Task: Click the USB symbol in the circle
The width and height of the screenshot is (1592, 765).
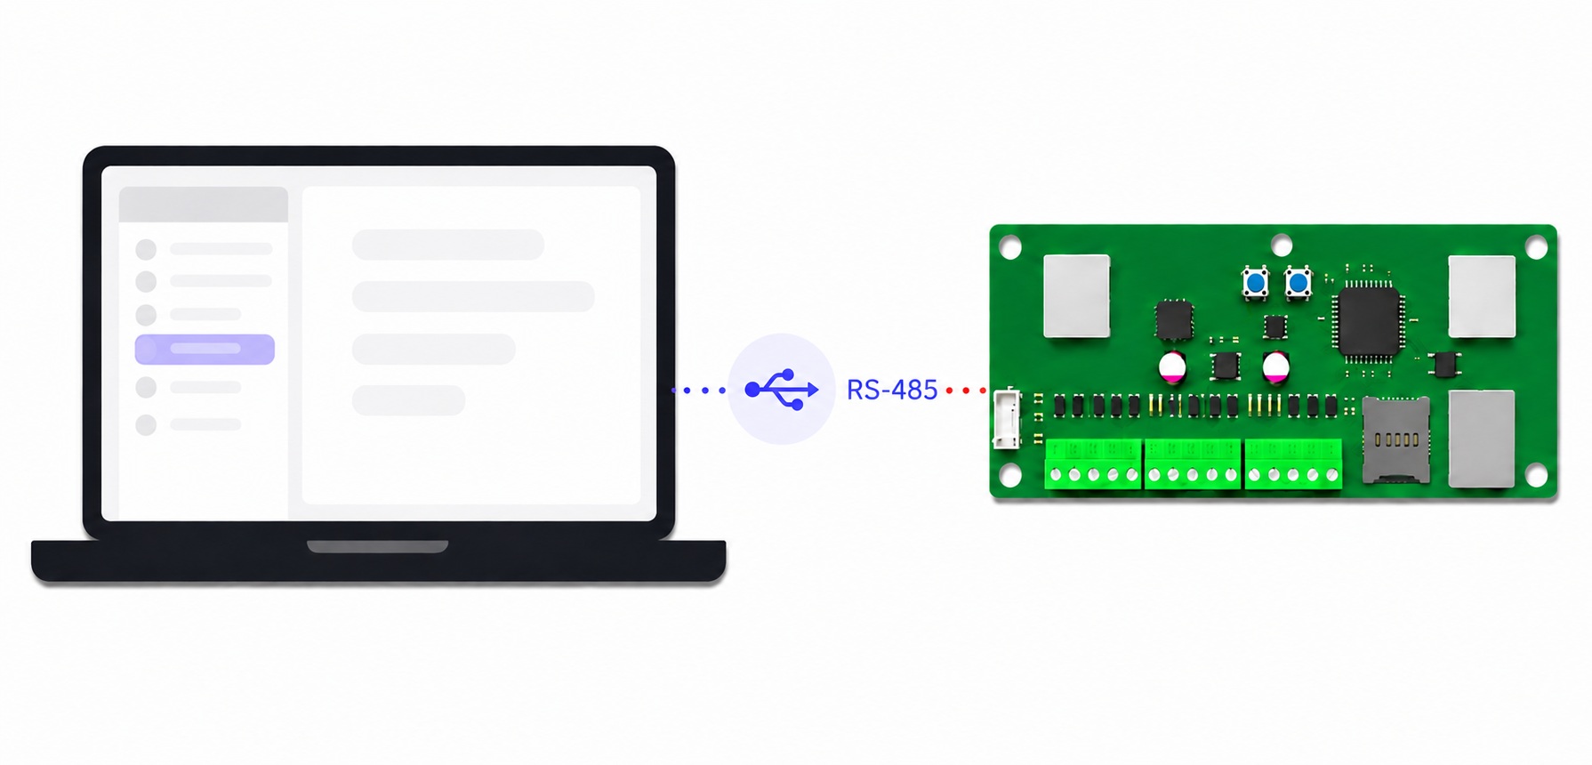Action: (782, 389)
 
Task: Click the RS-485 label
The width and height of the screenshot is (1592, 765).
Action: (892, 390)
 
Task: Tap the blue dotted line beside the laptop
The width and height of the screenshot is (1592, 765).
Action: (698, 390)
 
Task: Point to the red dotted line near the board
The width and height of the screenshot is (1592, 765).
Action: (966, 391)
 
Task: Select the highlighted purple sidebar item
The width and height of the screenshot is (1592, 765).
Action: (205, 349)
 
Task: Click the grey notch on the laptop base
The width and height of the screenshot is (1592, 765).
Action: (378, 546)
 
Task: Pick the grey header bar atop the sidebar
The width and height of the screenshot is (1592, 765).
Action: (204, 204)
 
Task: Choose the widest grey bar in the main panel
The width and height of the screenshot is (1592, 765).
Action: (473, 296)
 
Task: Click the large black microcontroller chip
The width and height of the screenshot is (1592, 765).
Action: (1369, 320)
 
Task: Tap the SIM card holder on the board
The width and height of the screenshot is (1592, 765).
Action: (1396, 439)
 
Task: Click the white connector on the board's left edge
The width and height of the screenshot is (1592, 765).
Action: (1007, 418)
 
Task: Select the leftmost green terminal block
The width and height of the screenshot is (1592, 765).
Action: (1093, 463)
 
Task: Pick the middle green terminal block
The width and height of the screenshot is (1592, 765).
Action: (1193, 463)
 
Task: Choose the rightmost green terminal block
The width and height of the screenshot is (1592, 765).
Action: (1293, 463)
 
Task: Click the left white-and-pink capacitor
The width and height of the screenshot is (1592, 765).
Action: (1172, 366)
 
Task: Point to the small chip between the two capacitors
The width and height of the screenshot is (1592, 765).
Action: (1226, 365)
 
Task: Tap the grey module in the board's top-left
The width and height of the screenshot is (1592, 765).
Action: (1077, 296)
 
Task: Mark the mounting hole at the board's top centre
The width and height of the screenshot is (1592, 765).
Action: (1282, 245)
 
